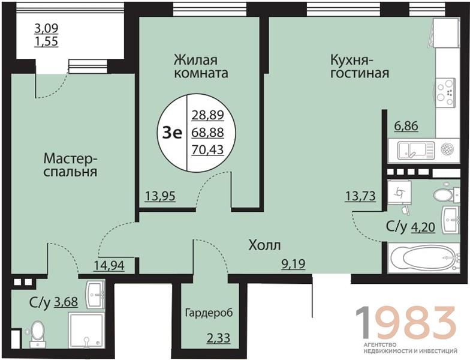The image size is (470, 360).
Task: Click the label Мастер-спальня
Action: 70,166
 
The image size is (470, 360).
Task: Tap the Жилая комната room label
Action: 201,67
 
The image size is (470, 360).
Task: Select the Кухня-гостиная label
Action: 360,67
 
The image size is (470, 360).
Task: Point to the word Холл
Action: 265,245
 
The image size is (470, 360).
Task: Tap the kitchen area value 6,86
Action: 406,127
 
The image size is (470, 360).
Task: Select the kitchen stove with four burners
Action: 445,93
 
